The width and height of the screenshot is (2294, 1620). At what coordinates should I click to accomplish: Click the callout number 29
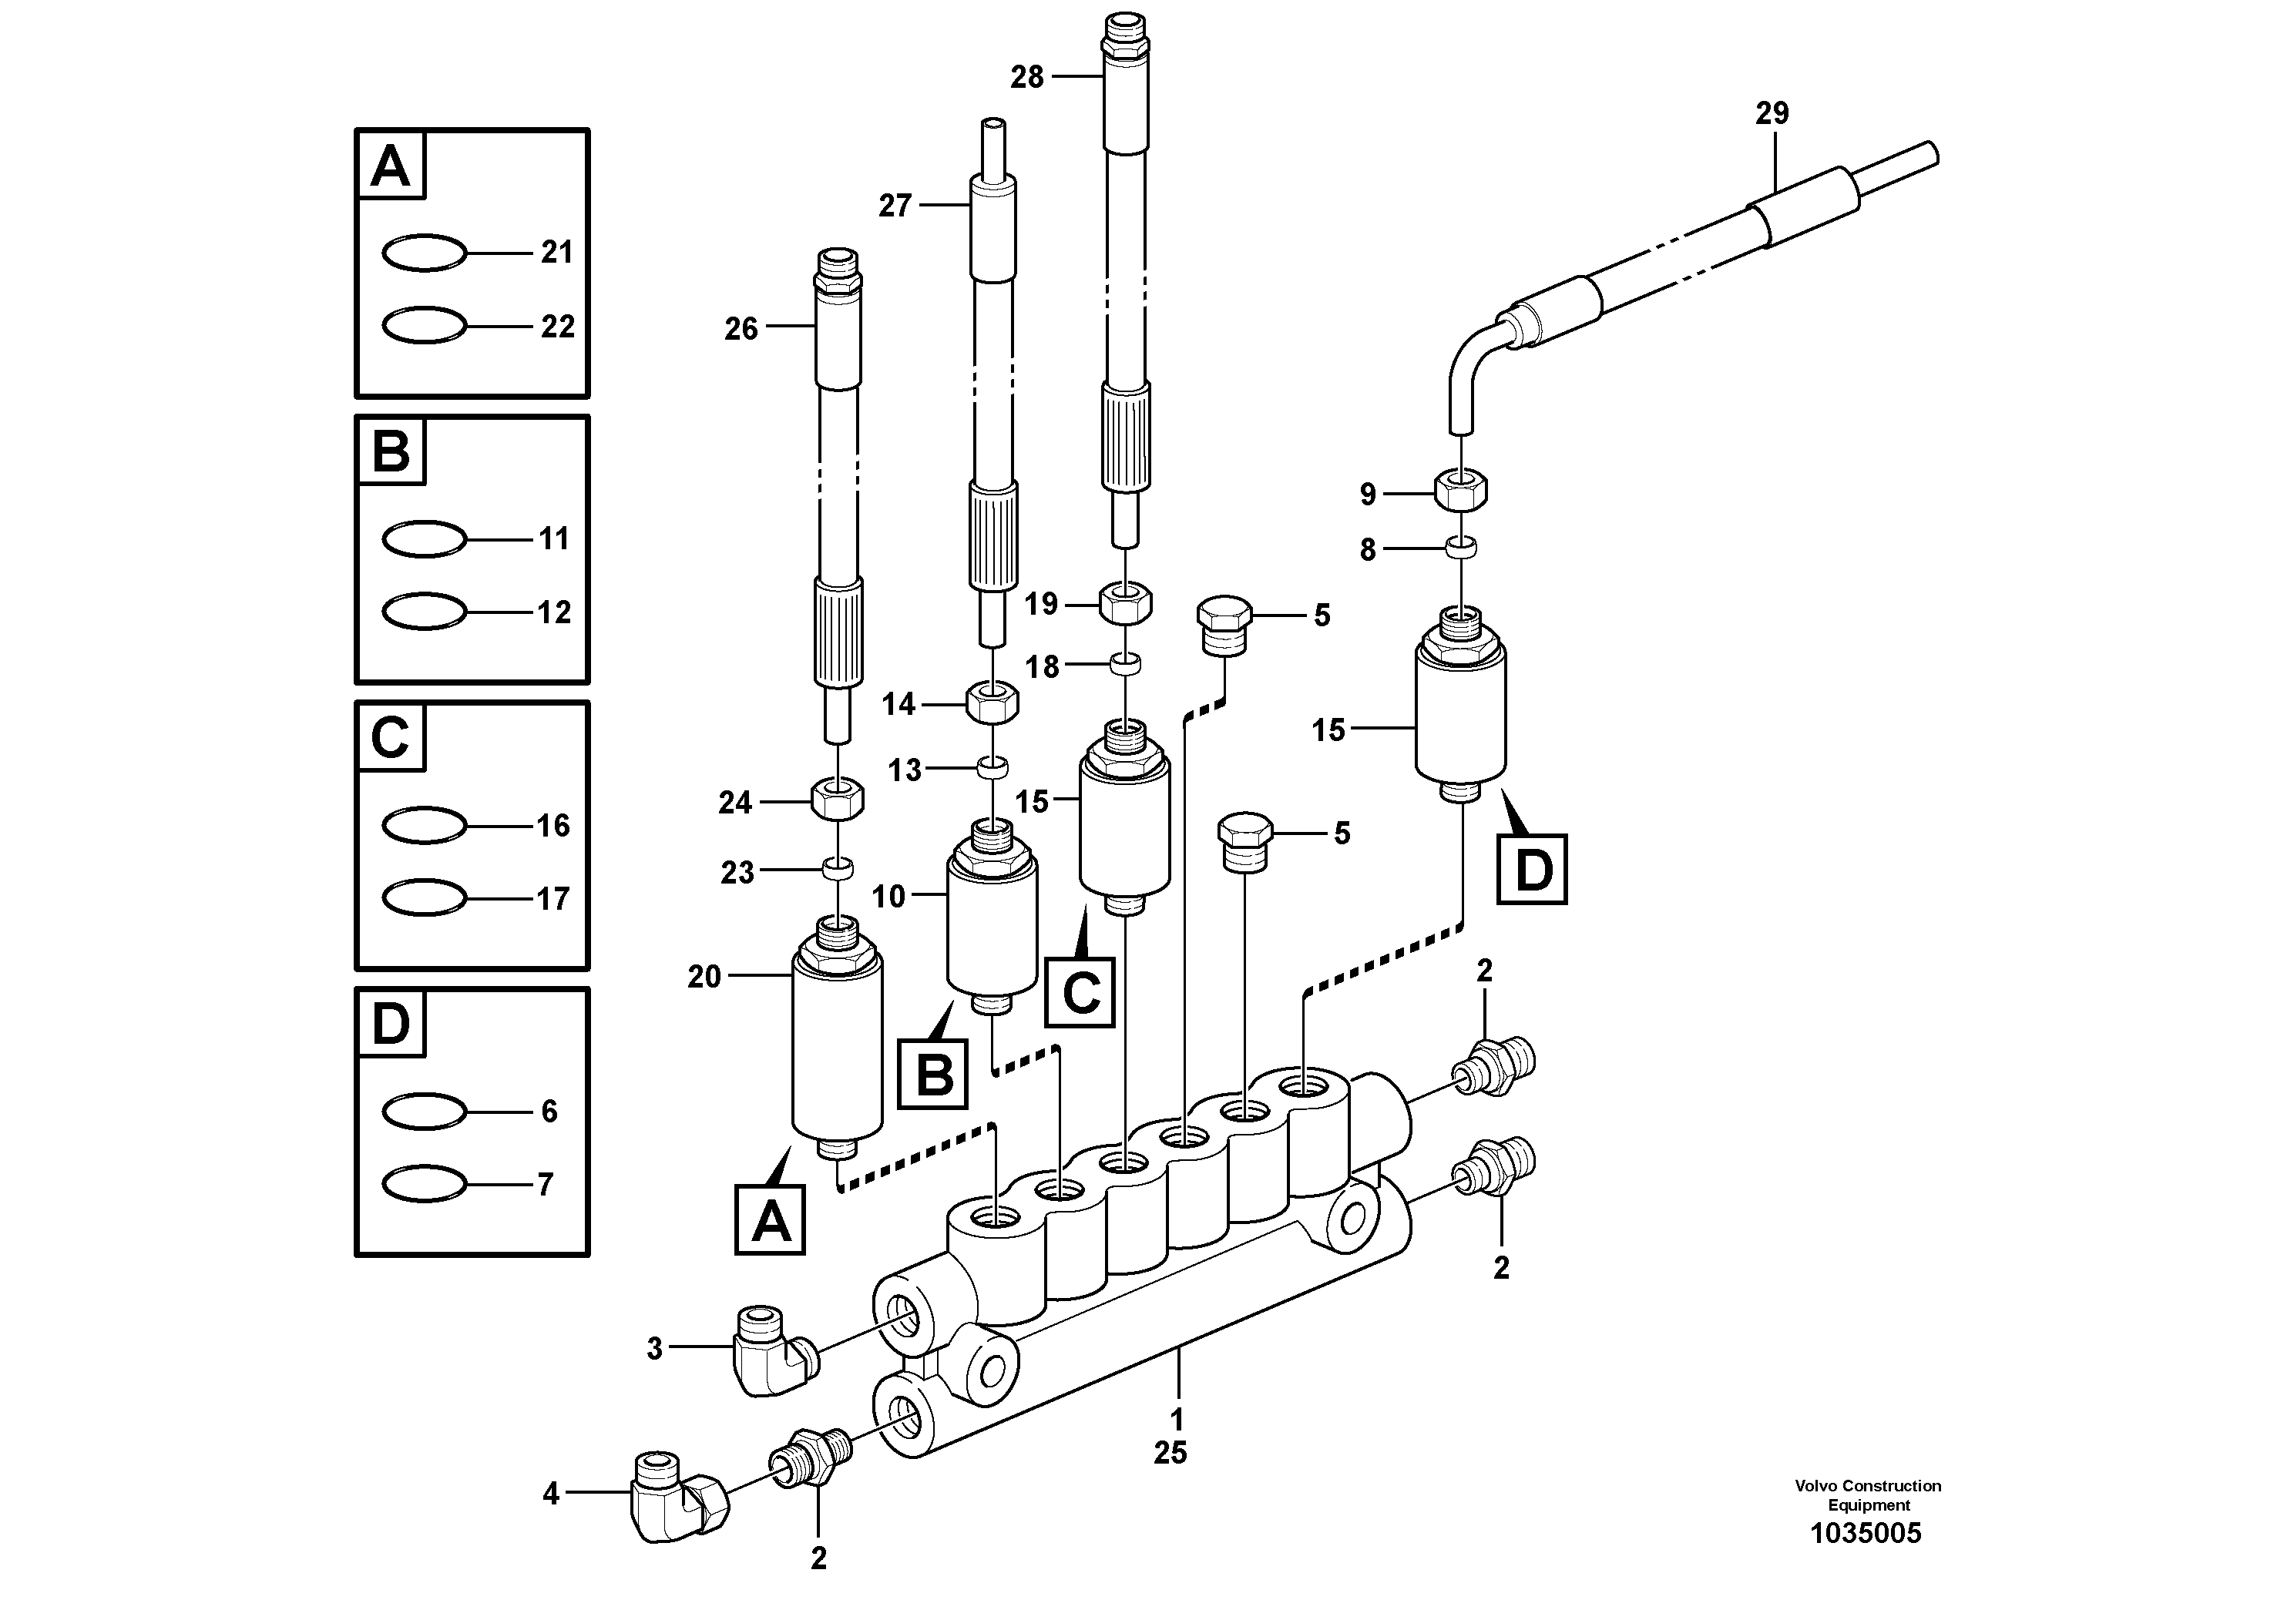coord(1772,114)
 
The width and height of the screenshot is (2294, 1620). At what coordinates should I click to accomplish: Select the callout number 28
coord(1027,77)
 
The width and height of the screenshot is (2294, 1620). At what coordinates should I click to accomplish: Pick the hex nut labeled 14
coord(992,703)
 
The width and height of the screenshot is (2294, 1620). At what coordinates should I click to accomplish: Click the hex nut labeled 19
coord(1126,603)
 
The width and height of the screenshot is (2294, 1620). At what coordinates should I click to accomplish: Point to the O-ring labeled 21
coord(424,253)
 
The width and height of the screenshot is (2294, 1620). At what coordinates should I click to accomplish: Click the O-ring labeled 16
coord(424,825)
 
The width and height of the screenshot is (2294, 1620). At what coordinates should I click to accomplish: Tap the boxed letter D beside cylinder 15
coord(1532,870)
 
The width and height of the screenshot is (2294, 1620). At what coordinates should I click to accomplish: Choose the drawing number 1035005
coord(1866,1533)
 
